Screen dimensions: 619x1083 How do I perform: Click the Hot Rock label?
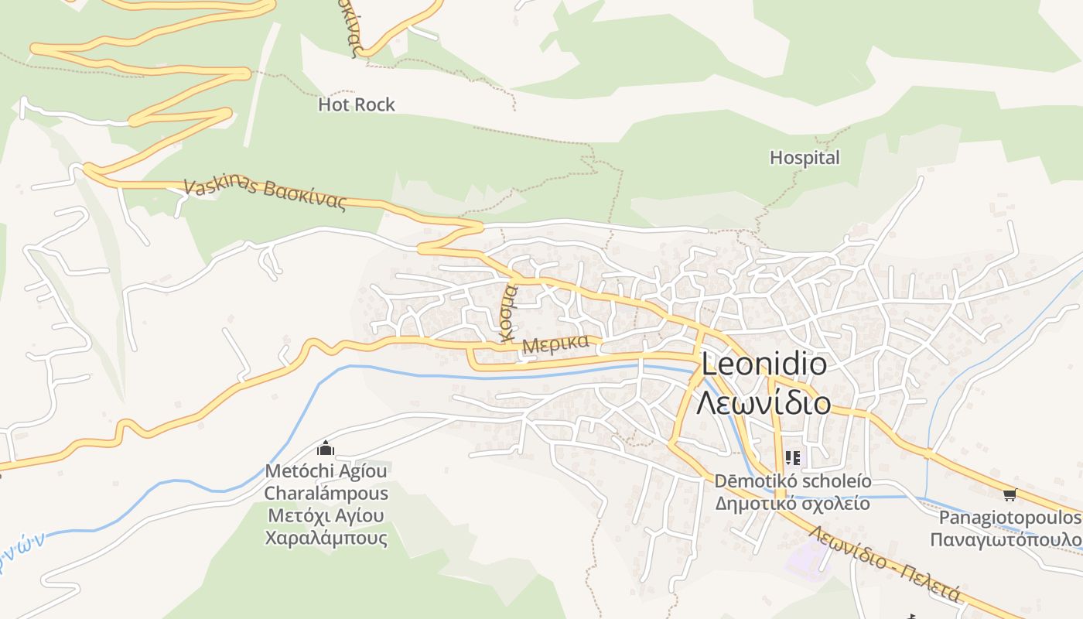coord(356,104)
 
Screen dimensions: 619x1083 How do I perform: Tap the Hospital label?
coord(805,158)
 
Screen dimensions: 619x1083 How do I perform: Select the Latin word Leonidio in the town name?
coord(764,364)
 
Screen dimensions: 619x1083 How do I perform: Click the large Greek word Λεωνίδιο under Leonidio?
coord(764,403)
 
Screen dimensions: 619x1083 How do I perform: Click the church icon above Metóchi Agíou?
coord(326,449)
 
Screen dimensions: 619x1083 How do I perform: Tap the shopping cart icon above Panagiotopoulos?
coord(1009,494)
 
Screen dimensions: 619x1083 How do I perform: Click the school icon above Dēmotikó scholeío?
coord(792,458)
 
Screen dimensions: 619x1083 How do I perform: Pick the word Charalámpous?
coord(326,493)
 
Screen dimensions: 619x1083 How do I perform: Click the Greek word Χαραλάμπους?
coord(326,538)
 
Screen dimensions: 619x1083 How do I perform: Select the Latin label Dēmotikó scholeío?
coord(792,481)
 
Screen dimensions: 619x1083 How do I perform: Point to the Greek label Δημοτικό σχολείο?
coord(792,504)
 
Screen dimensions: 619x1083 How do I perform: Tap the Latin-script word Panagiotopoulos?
coord(1009,517)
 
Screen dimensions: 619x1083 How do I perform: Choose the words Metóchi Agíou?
coord(326,470)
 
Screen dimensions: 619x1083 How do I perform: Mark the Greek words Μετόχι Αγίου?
coord(326,515)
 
